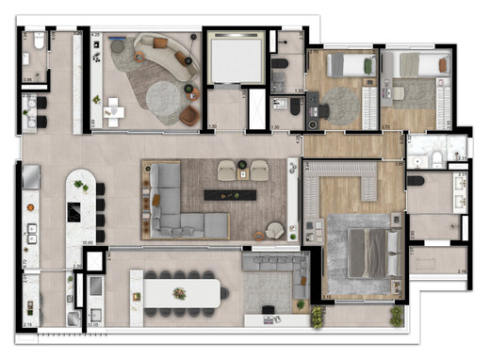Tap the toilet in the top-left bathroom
(x=35, y=43)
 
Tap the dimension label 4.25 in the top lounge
(x=96, y=35)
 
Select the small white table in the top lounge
(x=114, y=111)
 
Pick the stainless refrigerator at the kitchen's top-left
(x=29, y=177)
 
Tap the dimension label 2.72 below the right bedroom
(x=387, y=125)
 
